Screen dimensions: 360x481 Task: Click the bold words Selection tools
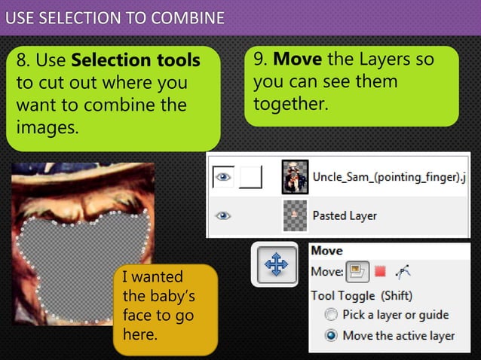tap(136, 59)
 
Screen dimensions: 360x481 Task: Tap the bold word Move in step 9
tap(297, 59)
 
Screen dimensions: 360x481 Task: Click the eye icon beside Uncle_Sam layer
tap(222, 177)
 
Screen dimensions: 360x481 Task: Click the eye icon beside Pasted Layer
tap(222, 215)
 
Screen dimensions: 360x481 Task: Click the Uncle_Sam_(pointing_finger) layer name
tap(388, 178)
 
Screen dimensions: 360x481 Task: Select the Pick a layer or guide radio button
tap(330, 315)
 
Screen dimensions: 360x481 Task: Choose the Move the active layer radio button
tap(330, 335)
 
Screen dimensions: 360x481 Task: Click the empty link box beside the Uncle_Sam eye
tap(250, 177)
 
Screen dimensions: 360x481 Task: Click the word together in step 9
tap(290, 103)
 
